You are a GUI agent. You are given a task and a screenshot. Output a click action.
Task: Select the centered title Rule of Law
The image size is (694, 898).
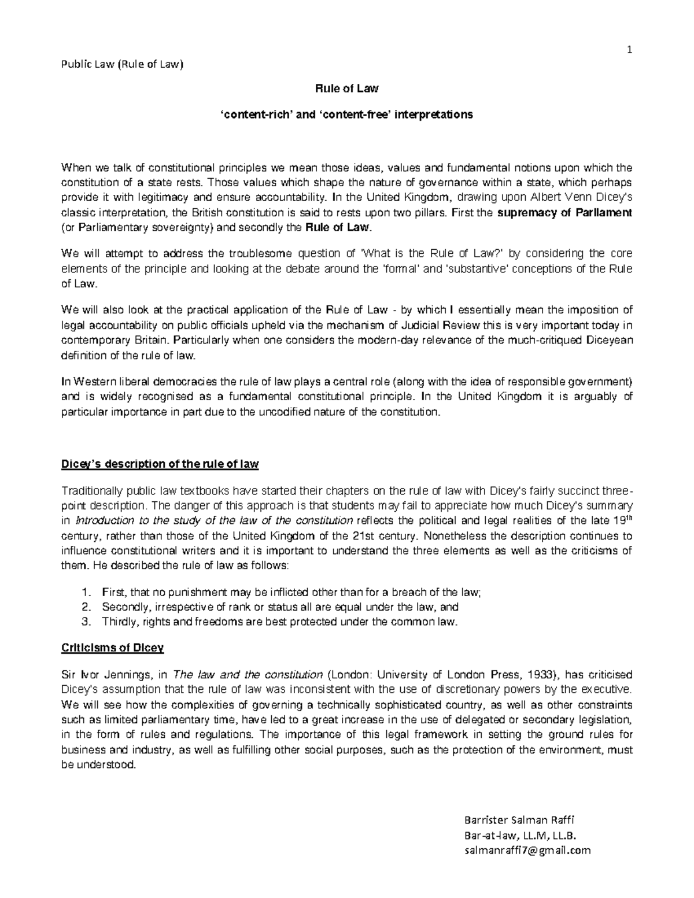click(346, 88)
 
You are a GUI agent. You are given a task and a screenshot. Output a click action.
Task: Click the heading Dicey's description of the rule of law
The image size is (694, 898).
click(160, 464)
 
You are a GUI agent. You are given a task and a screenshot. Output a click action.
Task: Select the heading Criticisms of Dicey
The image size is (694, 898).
click(113, 648)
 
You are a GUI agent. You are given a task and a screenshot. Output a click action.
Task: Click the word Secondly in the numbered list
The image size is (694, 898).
click(125, 607)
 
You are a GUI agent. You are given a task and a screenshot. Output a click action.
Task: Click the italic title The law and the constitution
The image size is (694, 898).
click(240, 675)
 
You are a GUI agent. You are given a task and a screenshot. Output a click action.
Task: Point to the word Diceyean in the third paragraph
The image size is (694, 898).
click(614, 339)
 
